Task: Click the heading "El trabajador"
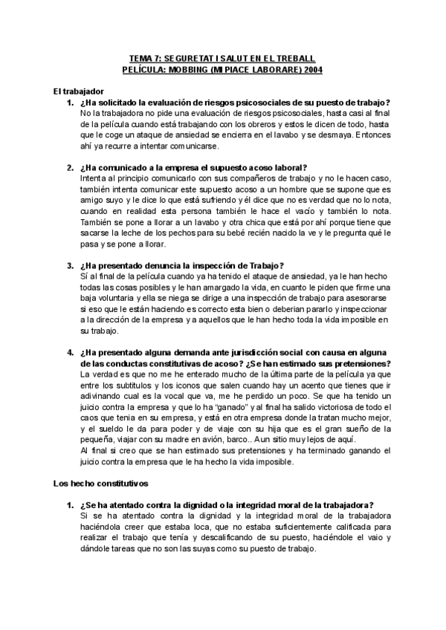pos(78,91)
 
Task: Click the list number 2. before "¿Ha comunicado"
pos(71,168)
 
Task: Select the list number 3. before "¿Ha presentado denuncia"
pos(71,265)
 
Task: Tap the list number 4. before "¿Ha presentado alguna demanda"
pos(71,351)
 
